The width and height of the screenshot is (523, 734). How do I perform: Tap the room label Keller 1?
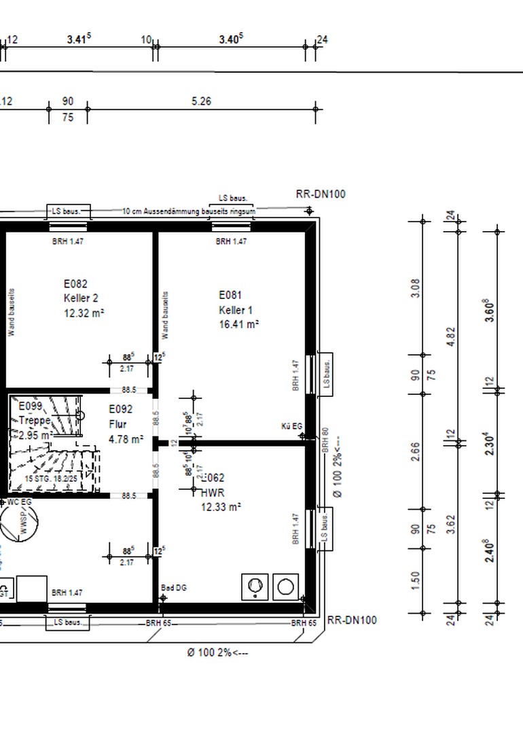pyautogui.click(x=236, y=310)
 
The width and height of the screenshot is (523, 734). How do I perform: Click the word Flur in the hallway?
pyautogui.click(x=118, y=424)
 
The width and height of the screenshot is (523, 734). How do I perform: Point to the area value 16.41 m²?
pyautogui.click(x=238, y=325)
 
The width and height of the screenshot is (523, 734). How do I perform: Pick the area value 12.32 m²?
pyautogui.click(x=84, y=313)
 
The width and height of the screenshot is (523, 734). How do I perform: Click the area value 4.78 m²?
pyautogui.click(x=126, y=439)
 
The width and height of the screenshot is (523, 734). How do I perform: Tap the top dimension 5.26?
pyautogui.click(x=201, y=101)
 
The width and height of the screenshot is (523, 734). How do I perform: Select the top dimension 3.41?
pyautogui.click(x=79, y=39)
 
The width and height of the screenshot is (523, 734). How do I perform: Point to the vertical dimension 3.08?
pyautogui.click(x=416, y=287)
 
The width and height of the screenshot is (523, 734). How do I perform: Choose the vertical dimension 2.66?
pyautogui.click(x=416, y=451)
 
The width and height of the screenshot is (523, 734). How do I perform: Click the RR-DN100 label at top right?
pyautogui.click(x=321, y=194)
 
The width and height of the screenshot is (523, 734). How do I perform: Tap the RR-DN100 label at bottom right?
pyautogui.click(x=352, y=621)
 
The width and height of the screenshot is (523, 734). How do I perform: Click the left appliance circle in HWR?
pyautogui.click(x=255, y=587)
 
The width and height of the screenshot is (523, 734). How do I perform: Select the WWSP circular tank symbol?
pyautogui.click(x=18, y=523)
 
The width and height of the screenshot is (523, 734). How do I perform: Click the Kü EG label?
pyautogui.click(x=292, y=426)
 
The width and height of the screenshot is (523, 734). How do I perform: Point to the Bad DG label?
pyautogui.click(x=174, y=588)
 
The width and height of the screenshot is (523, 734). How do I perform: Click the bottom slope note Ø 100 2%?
pyautogui.click(x=218, y=652)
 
